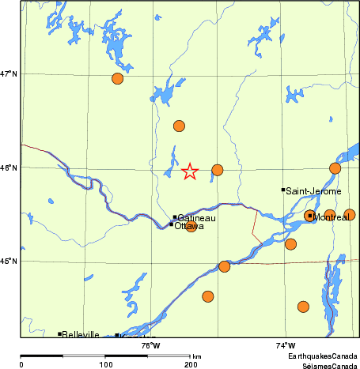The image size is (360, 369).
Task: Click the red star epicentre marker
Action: [190, 171]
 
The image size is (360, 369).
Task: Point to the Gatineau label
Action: [197, 217]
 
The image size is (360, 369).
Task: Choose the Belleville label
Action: [81, 334]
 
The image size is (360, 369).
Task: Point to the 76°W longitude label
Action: [150, 345]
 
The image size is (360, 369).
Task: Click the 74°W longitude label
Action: [286, 345]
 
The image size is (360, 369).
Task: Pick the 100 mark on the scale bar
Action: [105, 363]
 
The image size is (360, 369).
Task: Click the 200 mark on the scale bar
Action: [190, 363]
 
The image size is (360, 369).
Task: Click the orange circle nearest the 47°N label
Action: [117, 78]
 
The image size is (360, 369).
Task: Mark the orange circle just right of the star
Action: [217, 170]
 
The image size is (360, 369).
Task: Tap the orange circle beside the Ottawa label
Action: [191, 226]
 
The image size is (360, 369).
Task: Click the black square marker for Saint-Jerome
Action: [283, 190]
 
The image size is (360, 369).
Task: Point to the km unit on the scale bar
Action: [197, 357]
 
